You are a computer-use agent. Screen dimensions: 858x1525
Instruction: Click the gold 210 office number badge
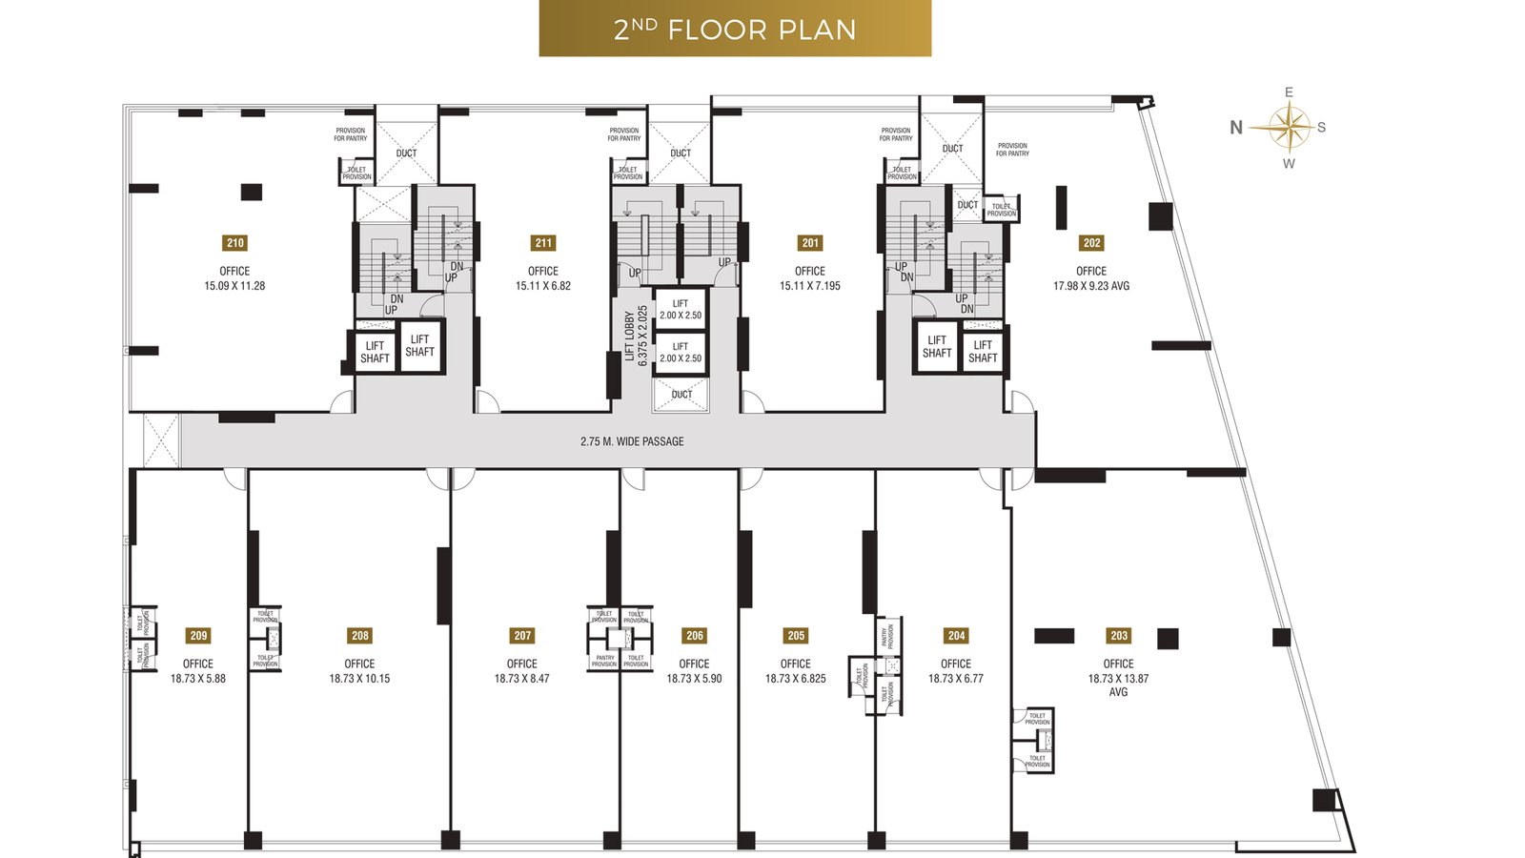(x=235, y=243)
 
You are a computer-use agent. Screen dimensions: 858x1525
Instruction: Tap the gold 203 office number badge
(x=1119, y=636)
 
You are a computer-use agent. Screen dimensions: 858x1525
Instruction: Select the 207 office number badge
(x=522, y=636)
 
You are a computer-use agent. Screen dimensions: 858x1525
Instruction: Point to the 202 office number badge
(x=1092, y=243)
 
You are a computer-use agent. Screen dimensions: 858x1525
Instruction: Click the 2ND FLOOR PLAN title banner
(x=735, y=29)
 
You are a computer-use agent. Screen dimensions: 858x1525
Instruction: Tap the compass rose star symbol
(x=1288, y=128)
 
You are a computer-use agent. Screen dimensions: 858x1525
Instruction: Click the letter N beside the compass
(x=1236, y=128)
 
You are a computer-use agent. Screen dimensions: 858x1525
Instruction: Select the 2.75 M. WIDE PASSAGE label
(x=632, y=441)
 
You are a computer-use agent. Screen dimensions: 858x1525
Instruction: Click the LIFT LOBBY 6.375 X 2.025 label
(x=636, y=336)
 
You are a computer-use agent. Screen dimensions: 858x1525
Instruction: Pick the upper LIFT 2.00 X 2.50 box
(x=681, y=310)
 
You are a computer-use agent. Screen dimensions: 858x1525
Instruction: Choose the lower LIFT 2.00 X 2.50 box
(x=681, y=353)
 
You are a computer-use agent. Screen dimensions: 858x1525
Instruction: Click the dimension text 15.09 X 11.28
(x=234, y=286)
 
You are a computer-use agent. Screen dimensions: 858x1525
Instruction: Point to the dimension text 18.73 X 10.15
(x=359, y=679)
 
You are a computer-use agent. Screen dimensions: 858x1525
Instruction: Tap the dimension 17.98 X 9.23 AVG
(x=1091, y=286)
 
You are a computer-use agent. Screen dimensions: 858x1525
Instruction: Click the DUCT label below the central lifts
(x=681, y=395)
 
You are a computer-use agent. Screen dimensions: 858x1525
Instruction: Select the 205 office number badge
(x=796, y=636)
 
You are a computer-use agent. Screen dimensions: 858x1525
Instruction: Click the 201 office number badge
(x=810, y=243)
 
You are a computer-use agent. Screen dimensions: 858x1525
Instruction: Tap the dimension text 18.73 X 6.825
(x=796, y=679)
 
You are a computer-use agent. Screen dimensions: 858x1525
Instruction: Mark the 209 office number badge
(x=198, y=636)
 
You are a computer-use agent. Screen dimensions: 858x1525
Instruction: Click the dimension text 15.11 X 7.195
(x=810, y=286)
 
